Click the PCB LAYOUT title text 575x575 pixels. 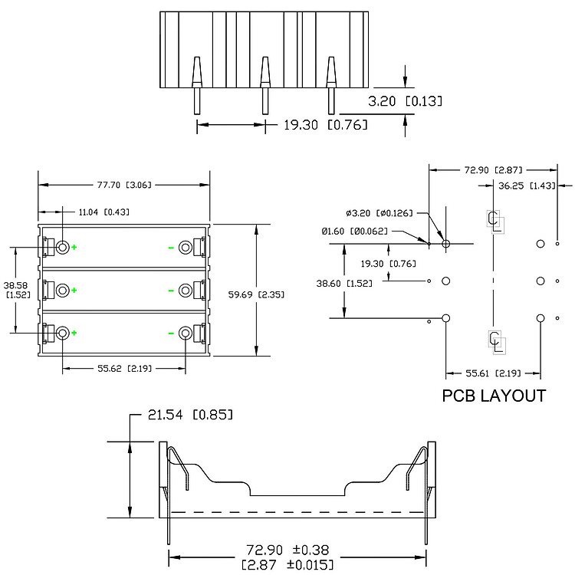pyautogui.click(x=494, y=396)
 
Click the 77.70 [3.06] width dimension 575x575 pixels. pyautogui.click(x=124, y=185)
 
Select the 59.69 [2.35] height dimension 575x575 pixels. pyautogui.click(x=256, y=294)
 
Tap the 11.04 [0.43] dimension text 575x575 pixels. pyautogui.click(x=104, y=212)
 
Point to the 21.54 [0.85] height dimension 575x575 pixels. pyautogui.click(x=190, y=415)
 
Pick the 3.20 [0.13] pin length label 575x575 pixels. pyautogui.click(x=405, y=101)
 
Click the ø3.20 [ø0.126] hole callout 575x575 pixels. pyautogui.click(x=379, y=213)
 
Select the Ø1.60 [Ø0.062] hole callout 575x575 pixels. pyautogui.click(x=355, y=232)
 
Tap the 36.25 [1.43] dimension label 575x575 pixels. pyautogui.click(x=527, y=186)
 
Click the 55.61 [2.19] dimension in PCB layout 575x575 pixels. pyautogui.click(x=493, y=373)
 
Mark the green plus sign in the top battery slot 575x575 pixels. pyautogui.click(x=74, y=247)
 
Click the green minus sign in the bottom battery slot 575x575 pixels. pyautogui.click(x=171, y=333)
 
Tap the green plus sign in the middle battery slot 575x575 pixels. pyautogui.click(x=74, y=291)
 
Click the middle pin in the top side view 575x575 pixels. pyautogui.click(x=264, y=85)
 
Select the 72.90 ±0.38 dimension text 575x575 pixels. pyautogui.click(x=287, y=550)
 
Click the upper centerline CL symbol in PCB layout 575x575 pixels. pyautogui.click(x=495, y=222)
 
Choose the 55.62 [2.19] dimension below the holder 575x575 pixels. pyautogui.click(x=124, y=369)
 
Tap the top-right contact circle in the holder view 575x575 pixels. pyautogui.click(x=186, y=247)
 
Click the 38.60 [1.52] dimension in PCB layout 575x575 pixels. pyautogui.click(x=344, y=284)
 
